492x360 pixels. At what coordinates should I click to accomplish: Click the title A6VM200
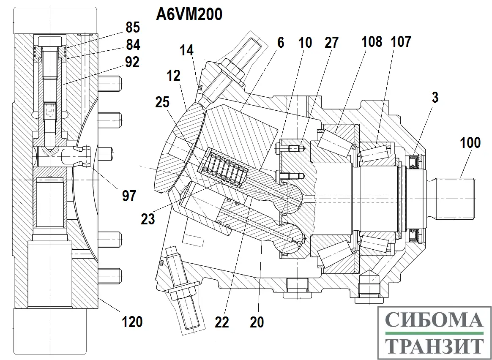pos(189,14)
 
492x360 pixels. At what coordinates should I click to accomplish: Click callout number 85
pos(133,27)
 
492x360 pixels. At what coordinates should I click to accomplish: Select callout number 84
pos(133,44)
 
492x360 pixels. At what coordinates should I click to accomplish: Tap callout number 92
pos(132,62)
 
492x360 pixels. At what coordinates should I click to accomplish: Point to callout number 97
pos(129,196)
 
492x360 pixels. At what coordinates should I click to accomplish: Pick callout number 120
pos(132,322)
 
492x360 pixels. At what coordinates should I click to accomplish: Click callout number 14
pos(187,50)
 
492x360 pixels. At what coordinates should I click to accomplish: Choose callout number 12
pos(174,76)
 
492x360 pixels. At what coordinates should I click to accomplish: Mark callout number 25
pos(162,102)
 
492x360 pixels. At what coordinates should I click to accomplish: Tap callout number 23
pos(148,219)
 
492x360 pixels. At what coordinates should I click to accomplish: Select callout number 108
pos(372,41)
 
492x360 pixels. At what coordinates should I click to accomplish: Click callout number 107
pos(401,41)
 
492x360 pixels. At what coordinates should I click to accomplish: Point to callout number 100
pos(470,143)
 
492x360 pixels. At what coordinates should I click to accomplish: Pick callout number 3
pos(435,98)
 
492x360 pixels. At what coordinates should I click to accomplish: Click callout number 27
pos(332,43)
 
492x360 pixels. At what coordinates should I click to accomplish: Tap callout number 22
pos(222,322)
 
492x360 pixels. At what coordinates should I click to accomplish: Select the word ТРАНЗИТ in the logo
pos(434,346)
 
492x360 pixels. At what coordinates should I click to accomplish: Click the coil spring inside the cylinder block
pos(226,168)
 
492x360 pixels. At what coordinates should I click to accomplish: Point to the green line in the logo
pos(434,333)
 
